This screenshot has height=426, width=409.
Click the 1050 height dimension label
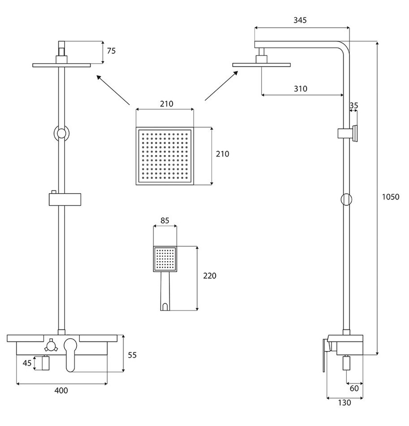point(391,197)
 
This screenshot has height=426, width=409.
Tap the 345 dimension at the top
point(300,20)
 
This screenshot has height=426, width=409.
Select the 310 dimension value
point(301,89)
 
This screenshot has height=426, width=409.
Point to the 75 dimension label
point(111,51)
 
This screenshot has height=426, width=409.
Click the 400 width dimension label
point(61,391)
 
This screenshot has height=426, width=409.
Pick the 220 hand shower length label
point(210,276)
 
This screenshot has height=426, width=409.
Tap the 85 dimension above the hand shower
point(165,221)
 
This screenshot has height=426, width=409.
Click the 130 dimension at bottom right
point(344,403)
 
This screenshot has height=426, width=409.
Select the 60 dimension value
point(354,388)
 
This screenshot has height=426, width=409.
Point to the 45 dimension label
point(27,363)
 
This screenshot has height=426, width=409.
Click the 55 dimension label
point(132,355)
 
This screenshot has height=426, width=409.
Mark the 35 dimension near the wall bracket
point(354,106)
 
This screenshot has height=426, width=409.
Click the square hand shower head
point(165,259)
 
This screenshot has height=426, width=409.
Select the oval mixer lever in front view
point(70,355)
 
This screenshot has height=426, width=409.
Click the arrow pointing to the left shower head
point(113,90)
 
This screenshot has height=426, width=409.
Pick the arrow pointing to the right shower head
point(222,86)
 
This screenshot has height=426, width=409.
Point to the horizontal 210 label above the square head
point(166,104)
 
